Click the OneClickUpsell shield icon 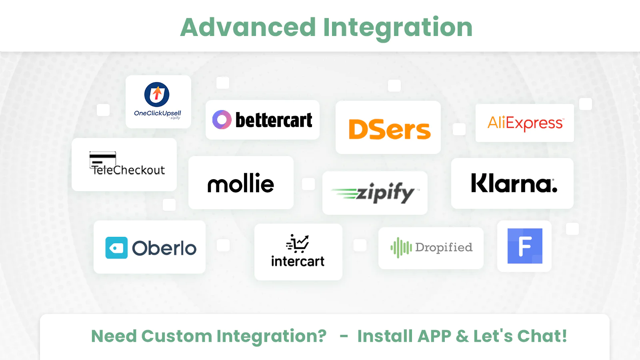click(x=157, y=94)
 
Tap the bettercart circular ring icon click(x=222, y=120)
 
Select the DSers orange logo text click(x=390, y=130)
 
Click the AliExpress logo click(x=526, y=123)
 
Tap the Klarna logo click(x=514, y=183)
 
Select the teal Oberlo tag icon click(x=116, y=248)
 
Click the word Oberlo click(x=164, y=248)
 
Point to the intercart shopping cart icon click(x=298, y=244)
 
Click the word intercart click(x=298, y=261)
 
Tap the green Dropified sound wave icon click(x=401, y=248)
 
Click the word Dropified click(x=444, y=248)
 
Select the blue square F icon click(x=525, y=246)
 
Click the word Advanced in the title click(x=248, y=27)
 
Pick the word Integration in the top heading click(x=398, y=28)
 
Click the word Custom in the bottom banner click(x=176, y=336)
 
